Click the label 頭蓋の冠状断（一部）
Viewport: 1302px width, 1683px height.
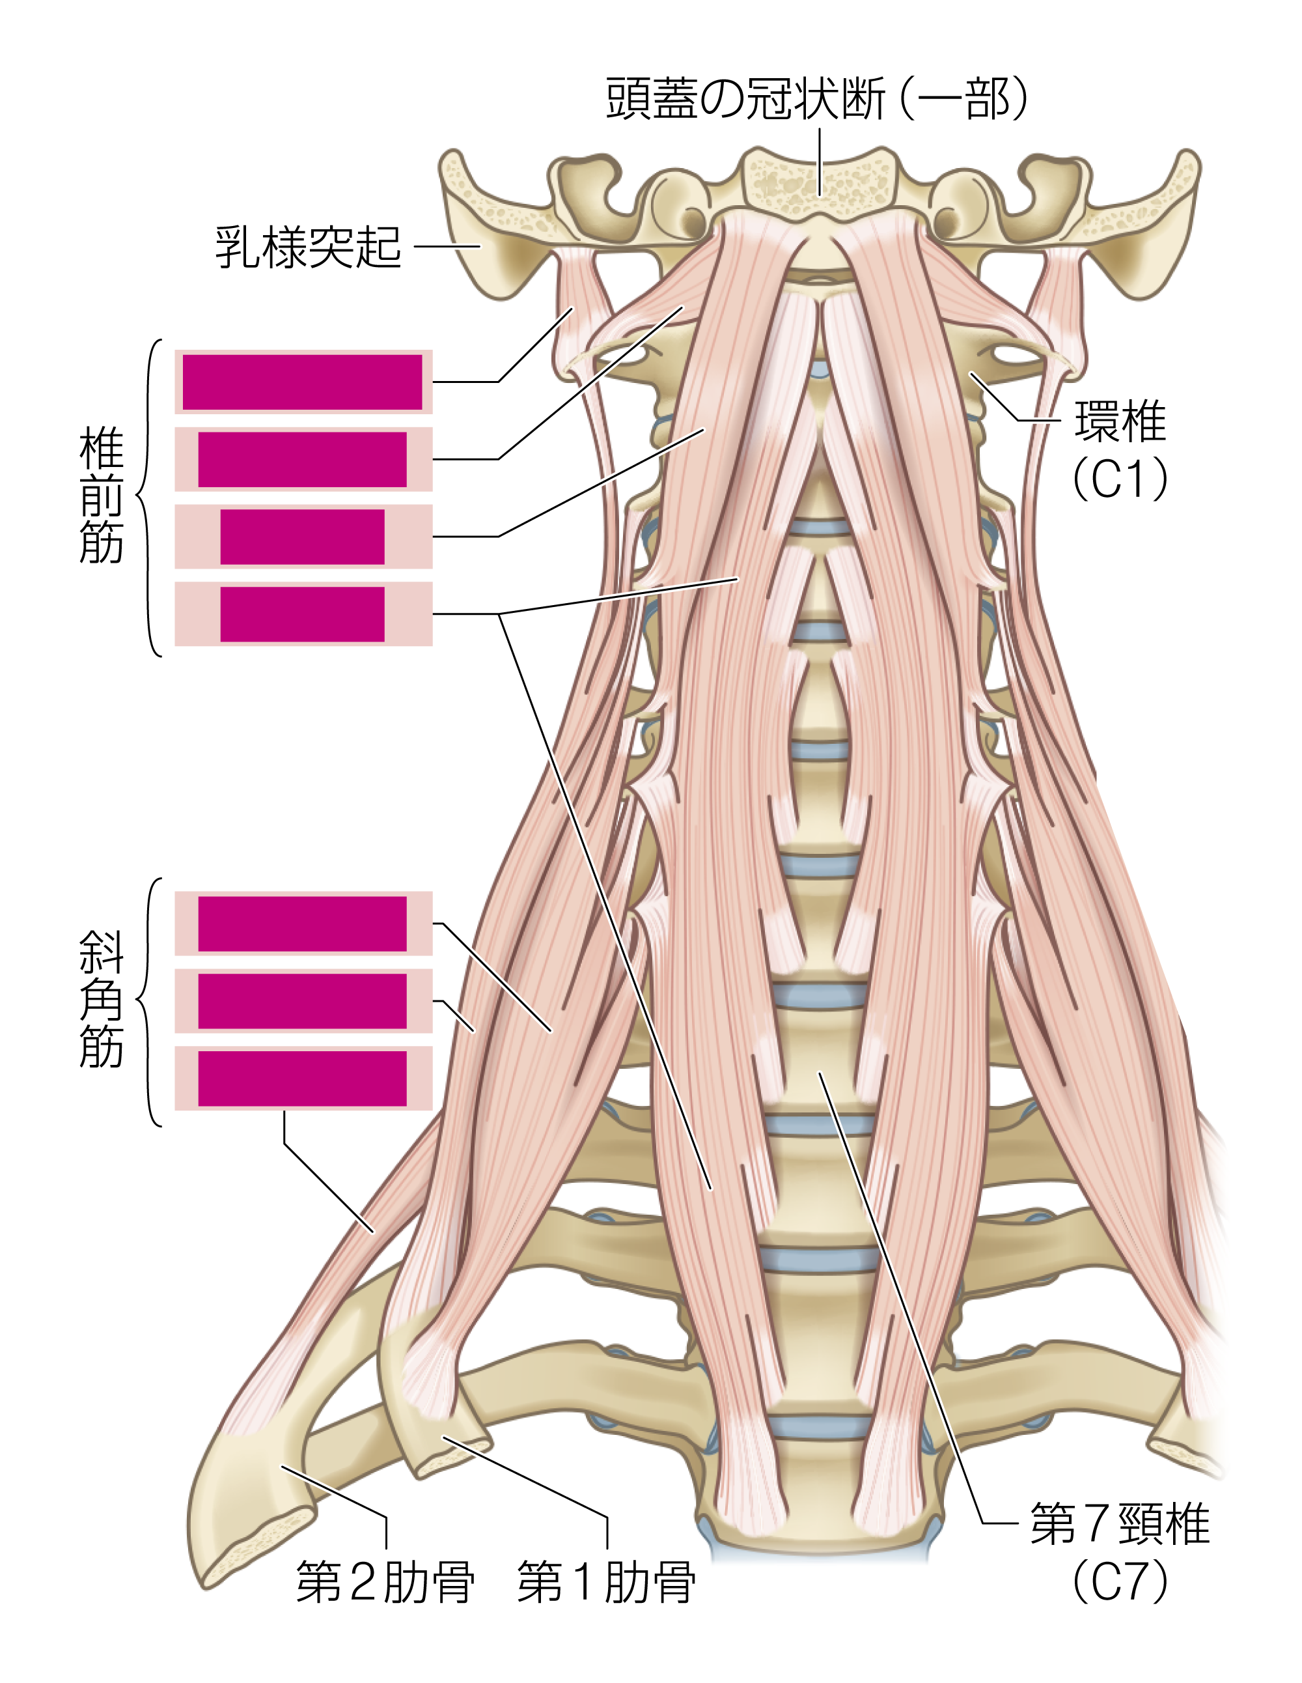pyautogui.click(x=816, y=98)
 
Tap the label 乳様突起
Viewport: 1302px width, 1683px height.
pyautogui.click(x=308, y=247)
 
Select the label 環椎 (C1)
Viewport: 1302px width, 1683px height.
pyautogui.click(x=1121, y=449)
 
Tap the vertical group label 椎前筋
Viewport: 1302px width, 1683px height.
pyautogui.click(x=101, y=497)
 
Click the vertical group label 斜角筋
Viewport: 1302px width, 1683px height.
pyautogui.click(x=101, y=1000)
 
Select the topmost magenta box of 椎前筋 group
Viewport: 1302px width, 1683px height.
pyautogui.click(x=302, y=382)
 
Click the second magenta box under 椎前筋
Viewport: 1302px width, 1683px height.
pyautogui.click(x=302, y=459)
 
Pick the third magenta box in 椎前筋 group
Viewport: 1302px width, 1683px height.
pyautogui.click(x=302, y=537)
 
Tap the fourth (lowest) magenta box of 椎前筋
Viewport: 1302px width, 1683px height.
pyautogui.click(x=302, y=614)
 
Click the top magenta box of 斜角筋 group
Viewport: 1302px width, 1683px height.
pyautogui.click(x=302, y=924)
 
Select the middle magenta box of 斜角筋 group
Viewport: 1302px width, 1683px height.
pyautogui.click(x=302, y=1001)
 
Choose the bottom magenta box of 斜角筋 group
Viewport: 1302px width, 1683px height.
pyautogui.click(x=302, y=1079)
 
